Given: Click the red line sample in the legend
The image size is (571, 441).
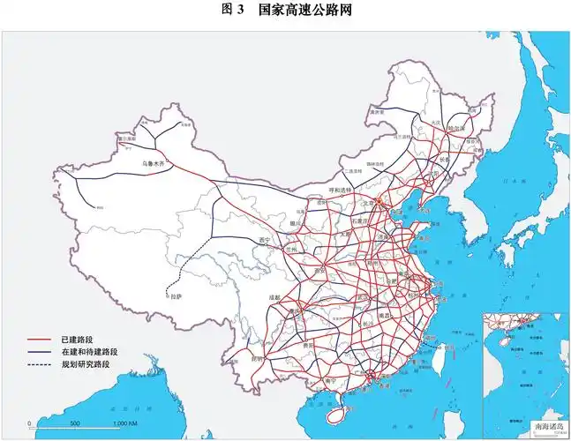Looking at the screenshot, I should pyautogui.click(x=41, y=340).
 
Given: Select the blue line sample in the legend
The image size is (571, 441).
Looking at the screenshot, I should pyautogui.click(x=41, y=352).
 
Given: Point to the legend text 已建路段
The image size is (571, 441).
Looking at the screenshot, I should pyautogui.click(x=77, y=340).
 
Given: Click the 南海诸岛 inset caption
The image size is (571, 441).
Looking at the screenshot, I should pyautogui.click(x=548, y=426).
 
